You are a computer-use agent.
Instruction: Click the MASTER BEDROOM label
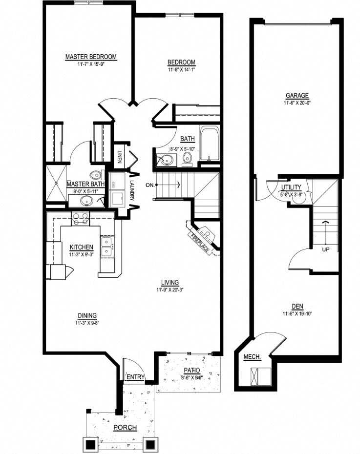pyautogui.click(x=91, y=57)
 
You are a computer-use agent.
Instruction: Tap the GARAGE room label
pyautogui.click(x=297, y=96)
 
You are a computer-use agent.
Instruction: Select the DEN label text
pyautogui.click(x=297, y=306)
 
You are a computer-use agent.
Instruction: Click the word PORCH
pyautogui.click(x=125, y=428)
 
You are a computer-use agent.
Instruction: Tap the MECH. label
pyautogui.click(x=252, y=357)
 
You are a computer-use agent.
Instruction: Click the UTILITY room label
pyautogui.click(x=291, y=187)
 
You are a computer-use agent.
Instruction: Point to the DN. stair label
pyautogui.click(x=150, y=185)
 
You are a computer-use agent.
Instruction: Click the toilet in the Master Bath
pyautogui.click(x=96, y=175)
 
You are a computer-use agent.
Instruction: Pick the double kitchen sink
pyautogui.click(x=106, y=246)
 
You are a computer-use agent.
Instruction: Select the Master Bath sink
pyautogui.click(x=88, y=201)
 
